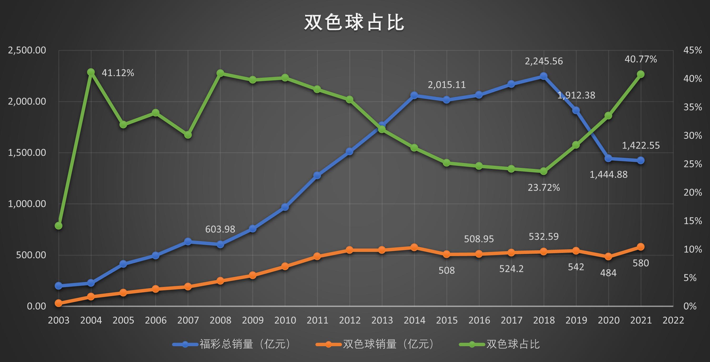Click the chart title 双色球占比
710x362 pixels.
click(354, 23)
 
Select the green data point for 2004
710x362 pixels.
click(91, 72)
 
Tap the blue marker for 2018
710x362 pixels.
click(543, 76)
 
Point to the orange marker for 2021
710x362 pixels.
click(641, 247)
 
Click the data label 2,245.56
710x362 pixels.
click(543, 61)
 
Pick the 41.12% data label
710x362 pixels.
click(118, 73)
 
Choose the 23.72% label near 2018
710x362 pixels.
click(543, 188)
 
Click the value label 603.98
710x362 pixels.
click(220, 229)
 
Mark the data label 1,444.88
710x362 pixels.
click(608, 174)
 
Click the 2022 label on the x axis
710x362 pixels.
click(673, 320)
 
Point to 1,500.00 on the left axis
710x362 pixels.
click(27, 153)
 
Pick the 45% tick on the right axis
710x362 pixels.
click(692, 50)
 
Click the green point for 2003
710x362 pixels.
click(58, 226)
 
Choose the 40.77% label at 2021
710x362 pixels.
click(641, 59)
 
